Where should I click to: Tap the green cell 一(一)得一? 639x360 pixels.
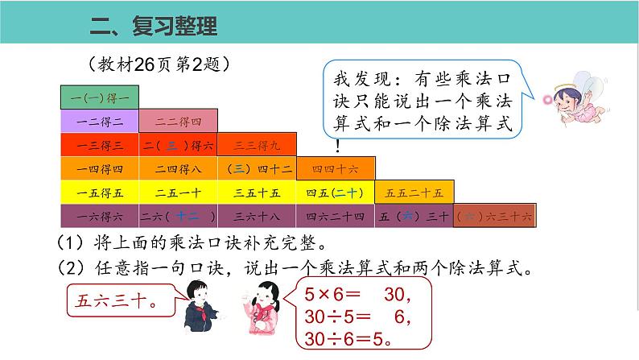point(100,97)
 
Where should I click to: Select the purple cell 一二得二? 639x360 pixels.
point(100,121)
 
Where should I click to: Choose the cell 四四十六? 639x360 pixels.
point(336,168)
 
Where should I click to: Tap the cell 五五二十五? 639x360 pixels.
point(414,192)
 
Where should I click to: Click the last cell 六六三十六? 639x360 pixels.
point(493,217)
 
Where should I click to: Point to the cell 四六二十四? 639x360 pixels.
point(336,217)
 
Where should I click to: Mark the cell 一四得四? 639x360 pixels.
point(100,168)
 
